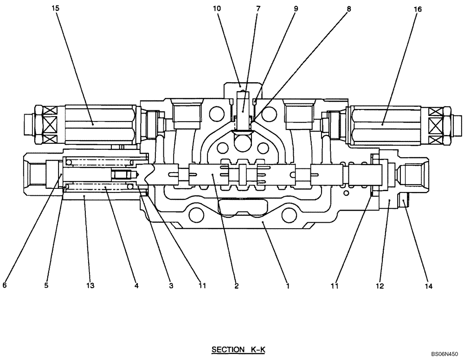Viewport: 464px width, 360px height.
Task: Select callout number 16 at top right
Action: point(412,9)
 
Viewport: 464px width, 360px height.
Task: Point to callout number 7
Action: point(258,9)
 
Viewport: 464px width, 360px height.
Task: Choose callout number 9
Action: point(296,9)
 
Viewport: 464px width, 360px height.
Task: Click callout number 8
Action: point(348,9)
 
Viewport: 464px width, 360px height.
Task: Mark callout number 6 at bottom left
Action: point(5,286)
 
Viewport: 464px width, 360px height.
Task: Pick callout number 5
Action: point(46,286)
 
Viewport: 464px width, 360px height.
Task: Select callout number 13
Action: point(90,286)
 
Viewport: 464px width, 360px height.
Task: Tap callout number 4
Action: point(136,286)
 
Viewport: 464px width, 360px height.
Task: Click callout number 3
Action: point(171,286)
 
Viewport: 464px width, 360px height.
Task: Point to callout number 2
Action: point(236,286)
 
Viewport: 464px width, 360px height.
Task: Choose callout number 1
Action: point(288,286)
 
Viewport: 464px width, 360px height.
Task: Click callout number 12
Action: point(380,286)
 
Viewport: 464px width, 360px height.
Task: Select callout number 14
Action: point(428,286)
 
